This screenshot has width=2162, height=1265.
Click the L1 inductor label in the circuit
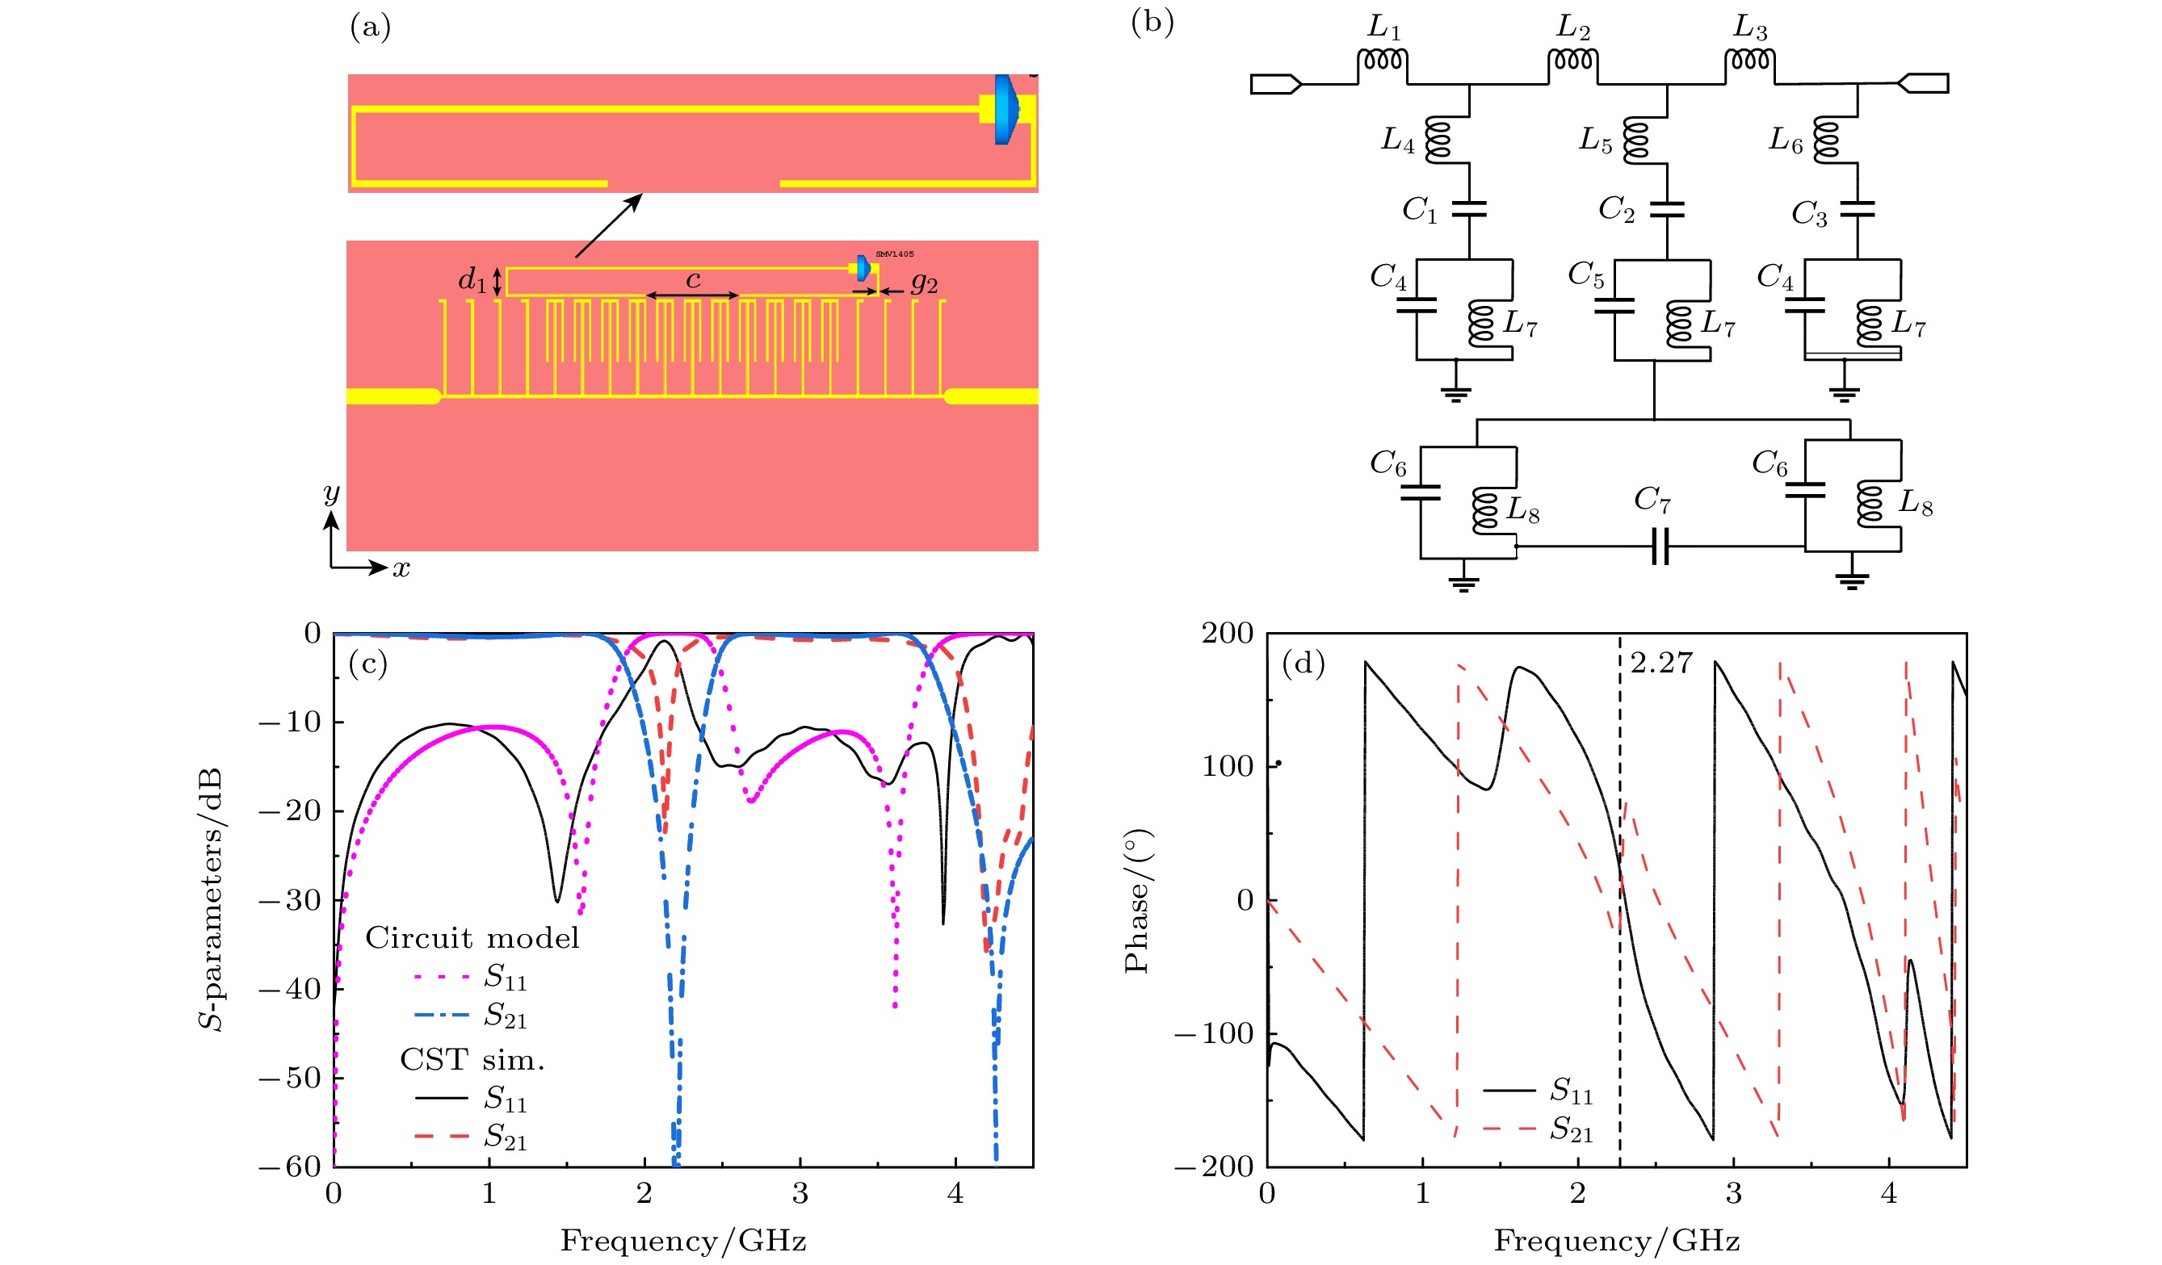pos(1383,27)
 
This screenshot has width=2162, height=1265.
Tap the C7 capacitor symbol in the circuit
pos(1660,547)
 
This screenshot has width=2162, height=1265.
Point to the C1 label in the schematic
pos(1420,209)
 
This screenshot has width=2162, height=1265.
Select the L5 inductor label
pos(1596,140)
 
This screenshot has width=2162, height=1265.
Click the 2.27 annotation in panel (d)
pos(1661,663)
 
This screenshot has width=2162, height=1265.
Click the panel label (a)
pos(370,27)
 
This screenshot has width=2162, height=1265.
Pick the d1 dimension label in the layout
pos(472,279)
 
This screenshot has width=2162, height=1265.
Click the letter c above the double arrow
pos(693,279)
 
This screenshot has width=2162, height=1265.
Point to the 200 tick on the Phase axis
pos(1227,633)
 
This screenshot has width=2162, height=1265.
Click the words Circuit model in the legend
pos(472,938)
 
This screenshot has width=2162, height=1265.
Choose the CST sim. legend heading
pos(472,1061)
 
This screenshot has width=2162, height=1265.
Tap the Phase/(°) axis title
pos(1137,900)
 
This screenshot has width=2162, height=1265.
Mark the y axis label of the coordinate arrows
pos(331,494)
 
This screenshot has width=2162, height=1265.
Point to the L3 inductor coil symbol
pos(1749,60)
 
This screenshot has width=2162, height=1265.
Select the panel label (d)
pos(1303,663)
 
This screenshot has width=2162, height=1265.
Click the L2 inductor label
pos(1572,27)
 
